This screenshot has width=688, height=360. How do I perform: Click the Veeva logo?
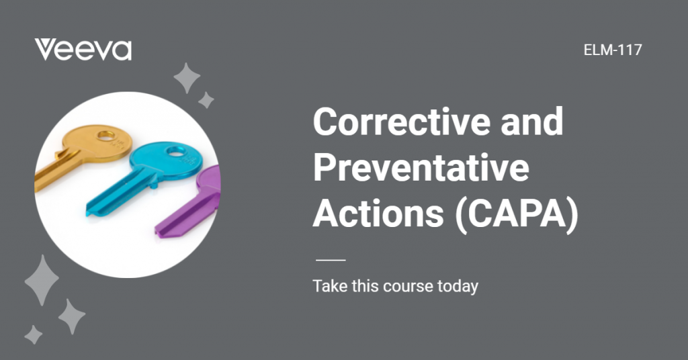tap(83, 50)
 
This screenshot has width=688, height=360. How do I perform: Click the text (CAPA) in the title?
tap(517, 213)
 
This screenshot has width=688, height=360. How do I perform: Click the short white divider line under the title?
tap(330, 259)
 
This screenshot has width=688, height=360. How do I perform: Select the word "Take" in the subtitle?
tap(328, 286)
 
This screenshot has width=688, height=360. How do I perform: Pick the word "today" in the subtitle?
tap(458, 286)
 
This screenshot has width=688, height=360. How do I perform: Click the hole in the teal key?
tap(175, 152)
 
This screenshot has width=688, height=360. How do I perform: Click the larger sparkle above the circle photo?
tap(187, 79)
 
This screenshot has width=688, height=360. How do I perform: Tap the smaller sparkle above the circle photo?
tap(206, 101)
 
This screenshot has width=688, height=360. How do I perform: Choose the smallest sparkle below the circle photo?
tap(33, 334)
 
